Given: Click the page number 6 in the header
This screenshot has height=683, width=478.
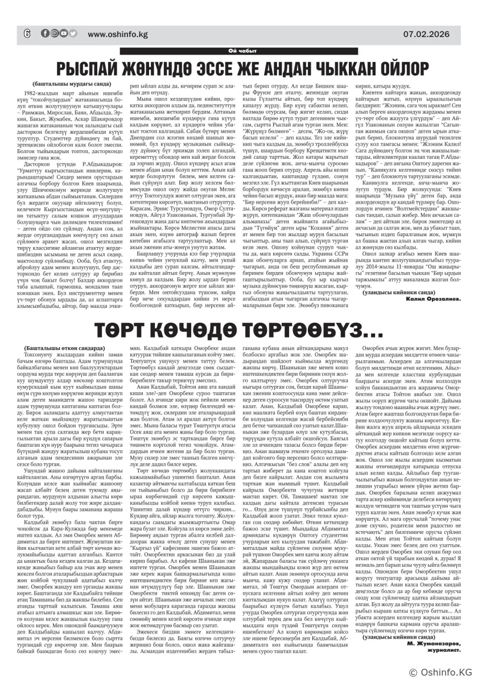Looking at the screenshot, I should click(27, 33).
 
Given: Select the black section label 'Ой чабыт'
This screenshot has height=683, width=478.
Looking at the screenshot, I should click(239, 52).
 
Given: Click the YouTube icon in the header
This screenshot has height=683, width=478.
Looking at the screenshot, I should click(64, 33).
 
